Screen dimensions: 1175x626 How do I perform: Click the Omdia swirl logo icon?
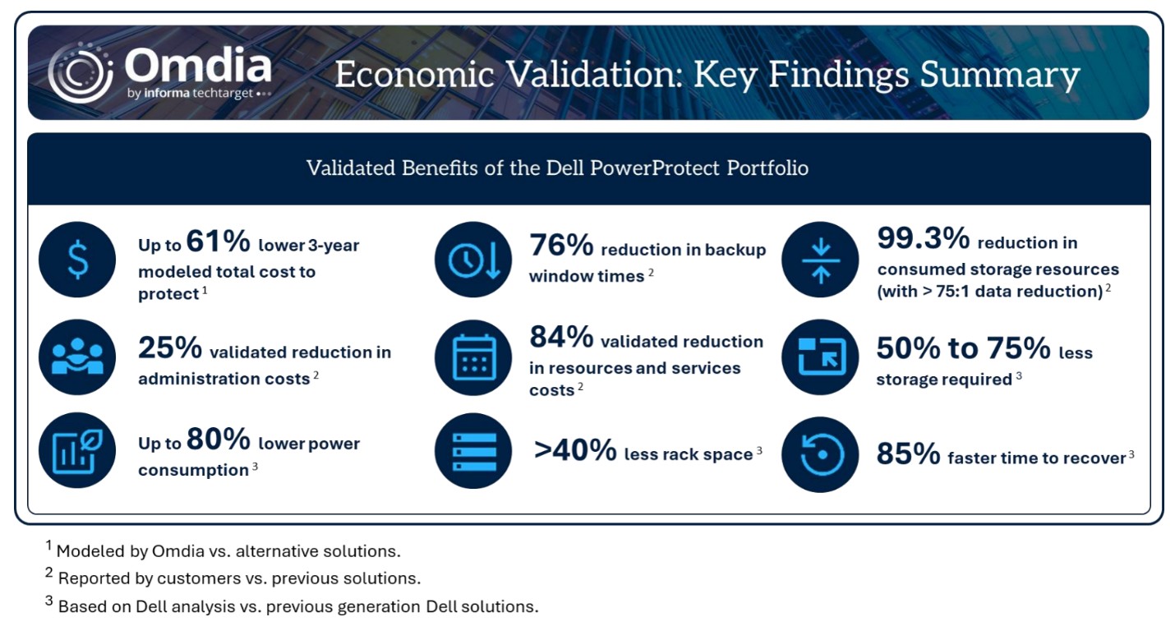[81, 72]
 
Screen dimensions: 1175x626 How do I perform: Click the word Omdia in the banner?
[198, 66]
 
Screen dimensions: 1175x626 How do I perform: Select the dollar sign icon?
[77, 260]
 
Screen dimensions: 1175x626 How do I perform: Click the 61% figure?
[219, 242]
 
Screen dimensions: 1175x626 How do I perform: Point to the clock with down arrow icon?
[473, 260]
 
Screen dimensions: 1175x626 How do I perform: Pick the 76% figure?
[561, 246]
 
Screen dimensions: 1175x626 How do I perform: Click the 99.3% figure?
[924, 238]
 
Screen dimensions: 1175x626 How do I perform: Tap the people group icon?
[77, 357]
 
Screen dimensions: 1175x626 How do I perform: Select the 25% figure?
[170, 348]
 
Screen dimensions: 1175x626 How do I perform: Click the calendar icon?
[473, 357]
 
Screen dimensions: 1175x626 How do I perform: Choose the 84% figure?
[561, 337]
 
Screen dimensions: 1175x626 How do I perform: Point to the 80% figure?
[219, 439]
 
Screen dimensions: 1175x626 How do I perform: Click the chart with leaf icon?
[77, 450]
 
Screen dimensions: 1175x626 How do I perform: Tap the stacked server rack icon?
[473, 451]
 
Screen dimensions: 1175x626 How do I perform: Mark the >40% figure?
[575, 451]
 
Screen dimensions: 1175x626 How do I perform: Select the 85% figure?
[909, 454]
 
